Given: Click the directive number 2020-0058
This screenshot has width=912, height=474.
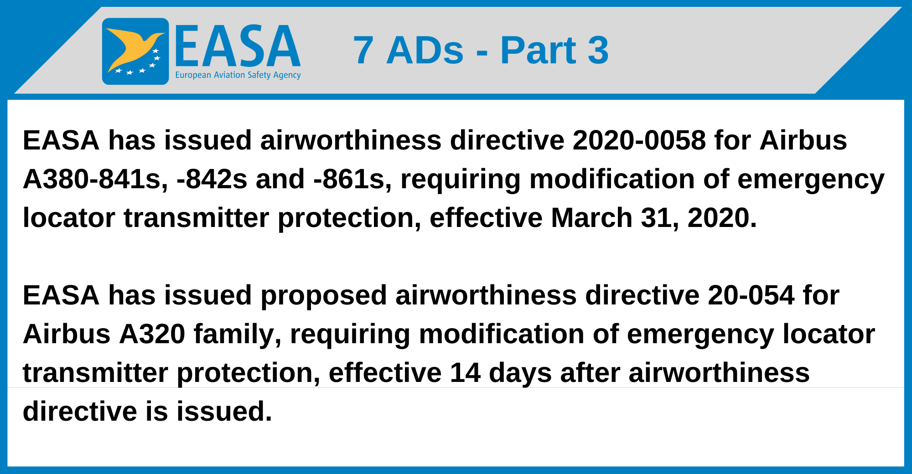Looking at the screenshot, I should click(639, 140).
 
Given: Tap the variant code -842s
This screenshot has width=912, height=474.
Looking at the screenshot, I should click(212, 179).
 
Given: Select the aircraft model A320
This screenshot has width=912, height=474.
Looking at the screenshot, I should click(152, 334).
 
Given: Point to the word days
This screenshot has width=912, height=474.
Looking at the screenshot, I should click(520, 373).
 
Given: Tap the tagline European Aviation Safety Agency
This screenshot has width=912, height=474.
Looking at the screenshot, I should click(238, 75).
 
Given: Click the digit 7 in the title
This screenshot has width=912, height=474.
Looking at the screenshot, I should click(363, 50).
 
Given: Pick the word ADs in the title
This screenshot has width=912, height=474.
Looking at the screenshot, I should click(425, 50).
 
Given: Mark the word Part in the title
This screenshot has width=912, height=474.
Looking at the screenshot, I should click(538, 50).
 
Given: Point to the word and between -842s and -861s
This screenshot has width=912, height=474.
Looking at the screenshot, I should click(280, 179).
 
